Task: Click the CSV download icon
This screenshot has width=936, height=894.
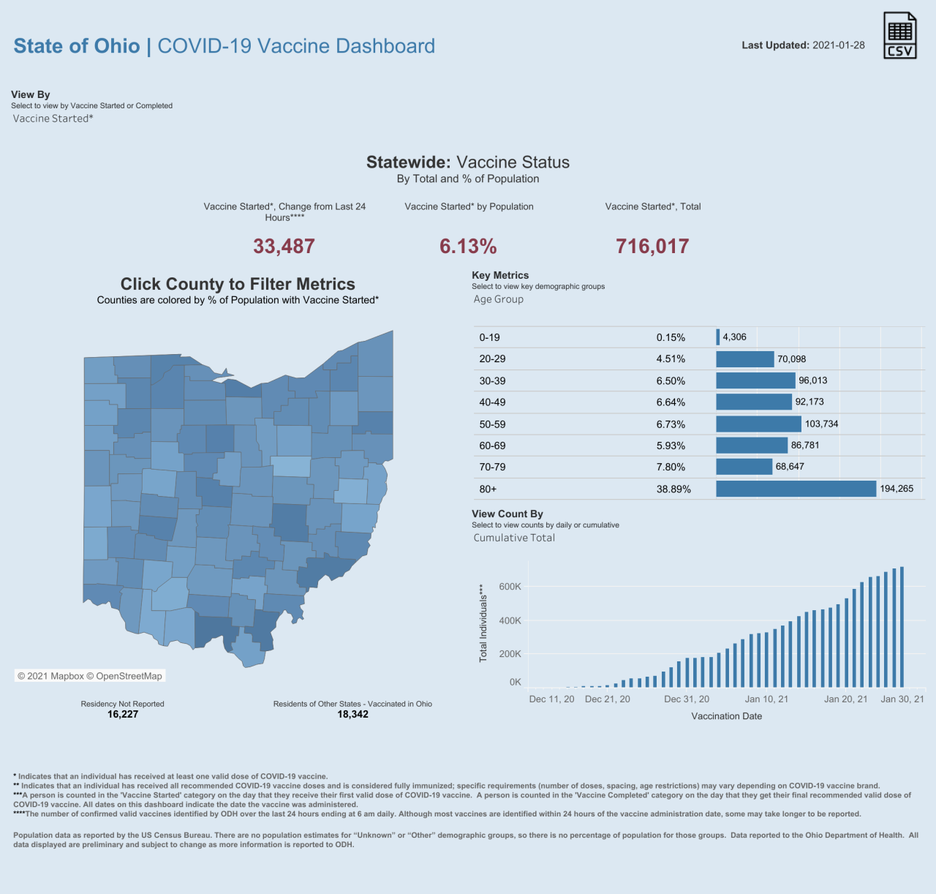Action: coord(899,35)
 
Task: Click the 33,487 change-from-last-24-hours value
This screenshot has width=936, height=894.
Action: coord(284,246)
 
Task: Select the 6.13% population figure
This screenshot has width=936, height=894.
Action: coord(468,246)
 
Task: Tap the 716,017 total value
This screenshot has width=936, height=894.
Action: coord(652,246)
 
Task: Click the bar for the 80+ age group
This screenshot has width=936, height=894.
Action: coord(796,489)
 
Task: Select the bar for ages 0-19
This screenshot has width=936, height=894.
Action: coord(718,337)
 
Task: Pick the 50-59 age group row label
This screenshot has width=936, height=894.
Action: coord(492,424)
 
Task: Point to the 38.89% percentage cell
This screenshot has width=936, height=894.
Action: coord(673,489)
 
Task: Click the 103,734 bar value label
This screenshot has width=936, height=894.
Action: coord(821,424)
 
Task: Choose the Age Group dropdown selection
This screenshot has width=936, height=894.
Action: coord(499,299)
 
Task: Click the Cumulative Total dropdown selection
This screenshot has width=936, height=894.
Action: coord(514,538)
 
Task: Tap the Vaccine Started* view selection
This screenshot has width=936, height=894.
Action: coord(53,119)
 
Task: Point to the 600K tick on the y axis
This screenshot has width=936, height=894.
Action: coord(510,587)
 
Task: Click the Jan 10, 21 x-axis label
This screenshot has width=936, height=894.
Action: coord(766,699)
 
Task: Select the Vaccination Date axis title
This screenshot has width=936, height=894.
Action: coord(726,716)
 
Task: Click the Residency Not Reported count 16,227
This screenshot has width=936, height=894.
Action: coord(123,715)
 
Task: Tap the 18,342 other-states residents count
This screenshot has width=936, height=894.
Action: coord(352,715)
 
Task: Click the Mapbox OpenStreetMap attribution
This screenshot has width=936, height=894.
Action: coord(90,676)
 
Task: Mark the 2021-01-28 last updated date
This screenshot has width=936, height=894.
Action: coord(838,45)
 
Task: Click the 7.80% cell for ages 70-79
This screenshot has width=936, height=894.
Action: coord(671,467)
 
